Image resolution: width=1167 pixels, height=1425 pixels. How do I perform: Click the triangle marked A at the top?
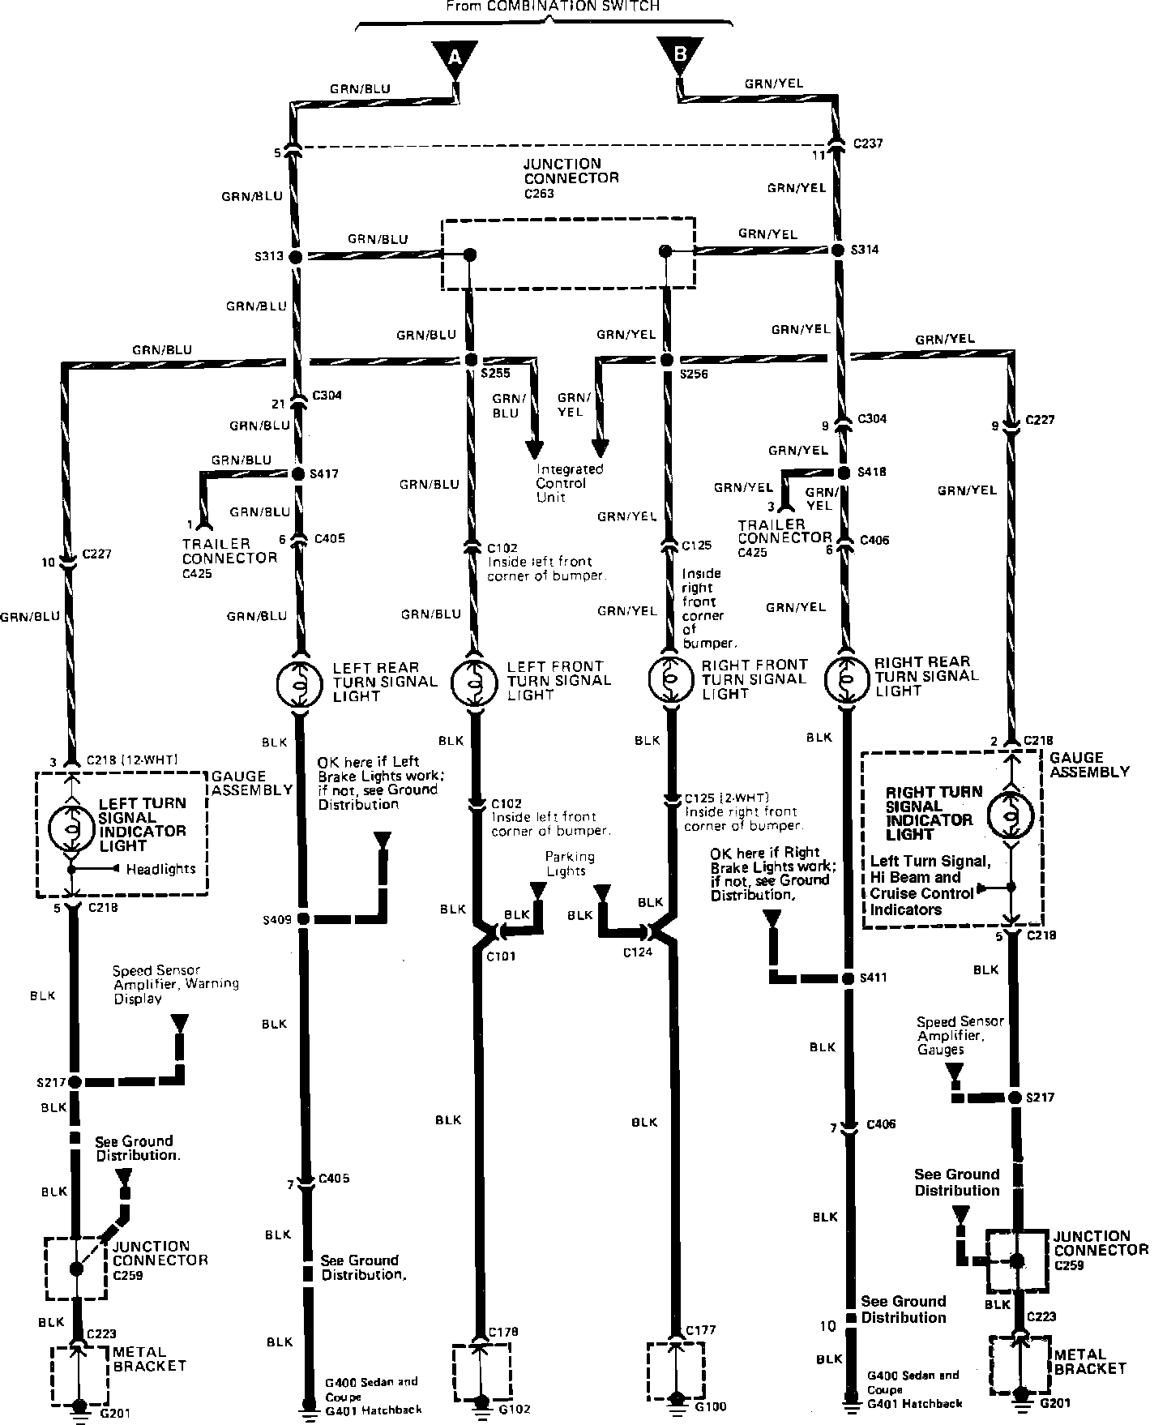(455, 58)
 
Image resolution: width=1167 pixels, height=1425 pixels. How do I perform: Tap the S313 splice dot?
(296, 256)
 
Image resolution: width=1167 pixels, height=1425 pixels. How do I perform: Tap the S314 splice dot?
(840, 250)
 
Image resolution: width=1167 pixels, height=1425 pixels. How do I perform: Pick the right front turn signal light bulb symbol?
(671, 679)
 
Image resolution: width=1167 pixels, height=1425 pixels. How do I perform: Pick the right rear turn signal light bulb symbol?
(846, 678)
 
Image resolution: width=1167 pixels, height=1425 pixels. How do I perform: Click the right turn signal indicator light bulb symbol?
(1011, 815)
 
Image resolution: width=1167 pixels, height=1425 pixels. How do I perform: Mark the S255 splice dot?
(470, 360)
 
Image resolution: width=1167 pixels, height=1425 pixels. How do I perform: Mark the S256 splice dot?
(667, 360)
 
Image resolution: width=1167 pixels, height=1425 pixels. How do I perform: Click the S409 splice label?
(276, 919)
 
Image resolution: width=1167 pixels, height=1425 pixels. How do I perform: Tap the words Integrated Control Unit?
(570, 483)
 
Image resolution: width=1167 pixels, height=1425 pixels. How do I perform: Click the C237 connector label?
(868, 143)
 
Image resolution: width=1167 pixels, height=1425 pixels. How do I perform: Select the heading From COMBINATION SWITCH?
(553, 6)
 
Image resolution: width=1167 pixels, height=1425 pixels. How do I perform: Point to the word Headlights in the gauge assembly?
(160, 869)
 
